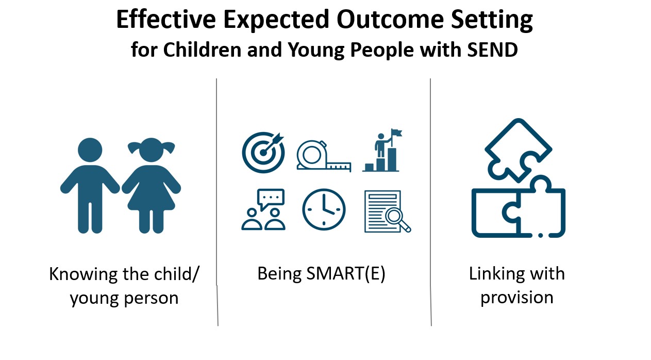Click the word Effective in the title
[166, 19]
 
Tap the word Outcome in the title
[390, 19]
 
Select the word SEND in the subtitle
[493, 50]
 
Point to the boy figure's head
[90, 150]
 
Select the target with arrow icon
[263, 152]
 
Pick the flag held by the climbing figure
[397, 133]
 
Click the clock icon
[324, 209]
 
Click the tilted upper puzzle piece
[519, 150]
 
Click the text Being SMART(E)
[322, 274]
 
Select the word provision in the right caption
[517, 298]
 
